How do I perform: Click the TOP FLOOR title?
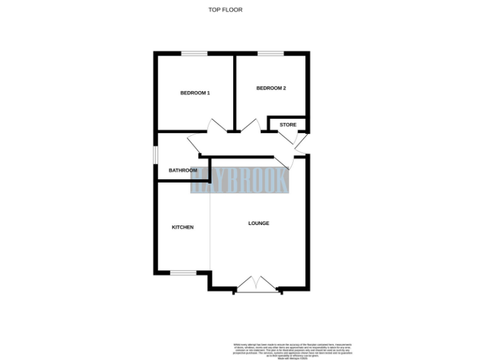(x=225, y=9)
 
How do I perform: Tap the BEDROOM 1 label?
(x=195, y=93)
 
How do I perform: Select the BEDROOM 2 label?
(x=271, y=88)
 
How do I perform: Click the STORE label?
(x=288, y=124)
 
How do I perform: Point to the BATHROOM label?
(x=183, y=171)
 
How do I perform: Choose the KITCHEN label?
(x=182, y=227)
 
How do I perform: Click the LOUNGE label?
(x=259, y=223)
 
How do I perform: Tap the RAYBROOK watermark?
(x=240, y=181)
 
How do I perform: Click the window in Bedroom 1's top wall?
(x=194, y=54)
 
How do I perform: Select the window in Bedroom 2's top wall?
(x=270, y=54)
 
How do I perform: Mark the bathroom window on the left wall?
(x=156, y=155)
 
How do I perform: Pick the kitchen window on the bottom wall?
(x=183, y=272)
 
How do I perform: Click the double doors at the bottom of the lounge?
(x=256, y=285)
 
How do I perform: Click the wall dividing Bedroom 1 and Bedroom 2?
(x=234, y=93)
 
